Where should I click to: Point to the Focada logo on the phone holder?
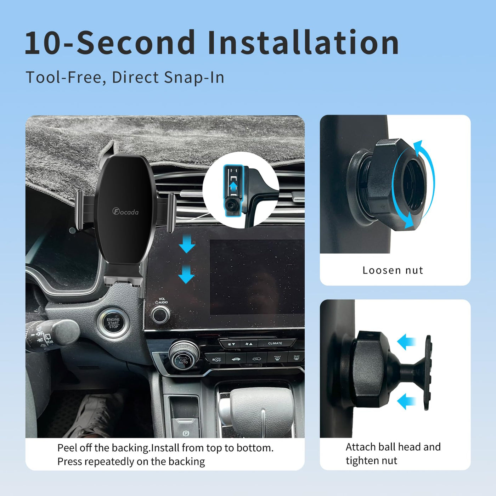click(125, 212)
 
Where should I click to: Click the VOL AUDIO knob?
click(160, 315)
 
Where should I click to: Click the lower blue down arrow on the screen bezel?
click(186, 274)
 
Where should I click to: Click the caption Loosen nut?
click(393, 270)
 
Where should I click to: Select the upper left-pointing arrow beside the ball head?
click(406, 342)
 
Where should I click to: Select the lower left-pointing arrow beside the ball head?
click(406, 401)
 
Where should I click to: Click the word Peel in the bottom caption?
click(67, 448)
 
